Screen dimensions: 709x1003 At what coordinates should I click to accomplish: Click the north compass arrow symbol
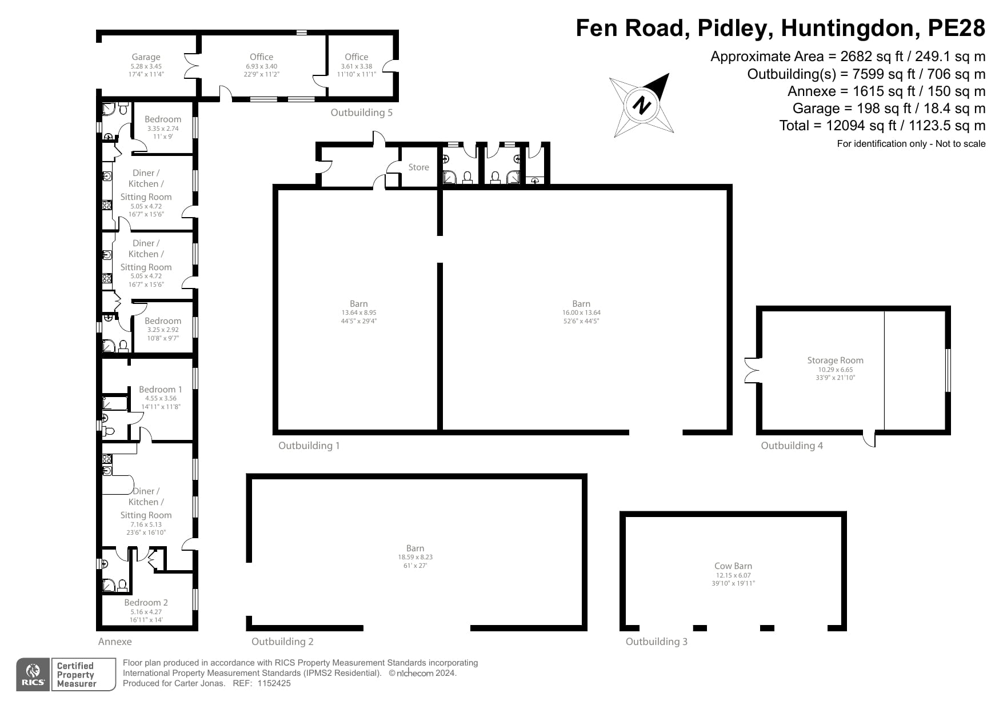641,105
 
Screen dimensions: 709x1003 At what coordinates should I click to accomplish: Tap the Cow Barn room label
733,566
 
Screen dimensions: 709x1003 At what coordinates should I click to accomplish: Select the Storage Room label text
835,360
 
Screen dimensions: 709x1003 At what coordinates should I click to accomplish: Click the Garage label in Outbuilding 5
146,57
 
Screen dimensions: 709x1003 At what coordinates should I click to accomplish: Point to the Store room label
418,167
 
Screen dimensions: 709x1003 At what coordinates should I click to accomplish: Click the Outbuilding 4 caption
792,446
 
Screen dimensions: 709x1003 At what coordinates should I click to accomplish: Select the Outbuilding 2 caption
282,642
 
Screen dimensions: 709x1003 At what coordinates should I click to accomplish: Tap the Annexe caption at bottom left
115,642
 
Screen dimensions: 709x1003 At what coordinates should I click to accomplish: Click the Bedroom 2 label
146,602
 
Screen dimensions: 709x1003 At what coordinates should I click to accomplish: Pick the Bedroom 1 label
160,389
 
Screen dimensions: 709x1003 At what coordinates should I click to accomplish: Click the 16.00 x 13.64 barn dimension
581,313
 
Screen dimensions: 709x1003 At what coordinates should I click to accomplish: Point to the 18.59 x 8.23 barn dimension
415,557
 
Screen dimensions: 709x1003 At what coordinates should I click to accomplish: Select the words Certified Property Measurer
76,675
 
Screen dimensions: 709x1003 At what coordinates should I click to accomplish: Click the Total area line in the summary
882,126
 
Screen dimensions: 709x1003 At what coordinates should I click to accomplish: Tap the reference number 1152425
274,683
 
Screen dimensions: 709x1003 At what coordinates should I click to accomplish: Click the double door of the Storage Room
752,370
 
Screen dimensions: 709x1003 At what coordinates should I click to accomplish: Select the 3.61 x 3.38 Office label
356,66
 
